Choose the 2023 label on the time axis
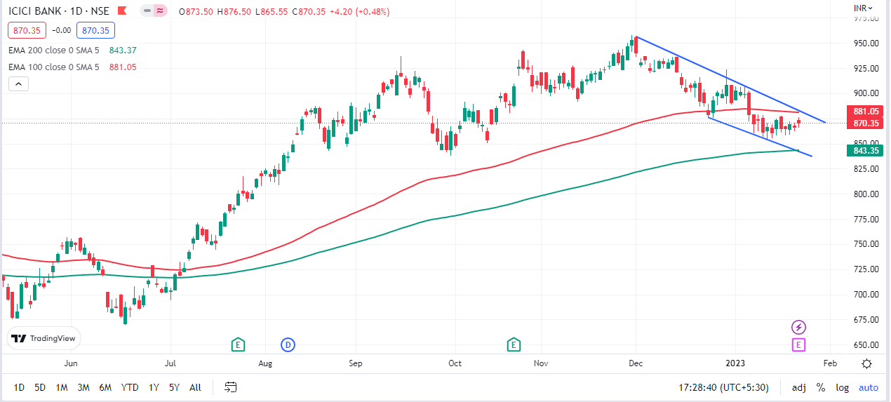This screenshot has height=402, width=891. tap(735, 363)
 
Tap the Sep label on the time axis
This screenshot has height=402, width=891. tap(356, 363)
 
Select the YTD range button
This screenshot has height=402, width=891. tap(129, 387)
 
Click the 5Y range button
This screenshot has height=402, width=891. tap(175, 387)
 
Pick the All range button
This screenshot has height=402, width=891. tap(195, 387)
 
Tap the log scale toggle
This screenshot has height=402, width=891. tap(842, 387)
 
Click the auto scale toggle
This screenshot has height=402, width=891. tap(868, 387)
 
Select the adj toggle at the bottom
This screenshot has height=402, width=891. tap(798, 387)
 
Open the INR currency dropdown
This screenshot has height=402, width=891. tap(863, 8)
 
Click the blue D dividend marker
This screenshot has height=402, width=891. tap(288, 344)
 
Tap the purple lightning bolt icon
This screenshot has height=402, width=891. tap(798, 327)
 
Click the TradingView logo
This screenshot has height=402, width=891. tap(45, 338)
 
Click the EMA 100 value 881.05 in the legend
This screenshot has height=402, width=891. tap(123, 67)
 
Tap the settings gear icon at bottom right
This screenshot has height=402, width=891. tap(867, 363)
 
